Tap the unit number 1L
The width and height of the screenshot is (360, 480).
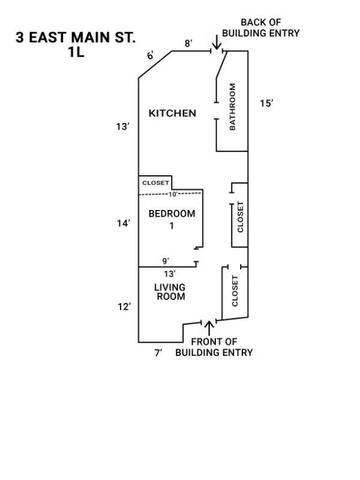pos(76,52)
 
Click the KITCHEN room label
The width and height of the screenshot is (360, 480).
pos(172,113)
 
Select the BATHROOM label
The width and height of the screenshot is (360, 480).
pos(233,107)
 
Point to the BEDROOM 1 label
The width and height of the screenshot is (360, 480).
pos(172,219)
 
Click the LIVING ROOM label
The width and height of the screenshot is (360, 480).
pos(170,292)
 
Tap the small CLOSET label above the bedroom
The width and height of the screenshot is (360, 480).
pos(155,182)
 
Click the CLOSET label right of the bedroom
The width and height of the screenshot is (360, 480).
pos(241,217)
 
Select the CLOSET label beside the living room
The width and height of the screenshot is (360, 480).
pos(235,290)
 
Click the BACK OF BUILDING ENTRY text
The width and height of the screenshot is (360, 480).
pos(260,28)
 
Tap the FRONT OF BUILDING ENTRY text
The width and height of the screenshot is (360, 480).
pos(214,347)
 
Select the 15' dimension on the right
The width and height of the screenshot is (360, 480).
pos(266,103)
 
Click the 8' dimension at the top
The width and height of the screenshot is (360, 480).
pos(188,43)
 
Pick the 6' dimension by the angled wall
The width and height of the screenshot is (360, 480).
pos(151,56)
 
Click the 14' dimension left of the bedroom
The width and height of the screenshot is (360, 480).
pos(124,223)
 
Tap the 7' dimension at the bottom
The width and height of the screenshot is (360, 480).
pos(158,353)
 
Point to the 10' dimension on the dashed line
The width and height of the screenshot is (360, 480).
pos(173,194)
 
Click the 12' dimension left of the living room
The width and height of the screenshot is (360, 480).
pos(124,307)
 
